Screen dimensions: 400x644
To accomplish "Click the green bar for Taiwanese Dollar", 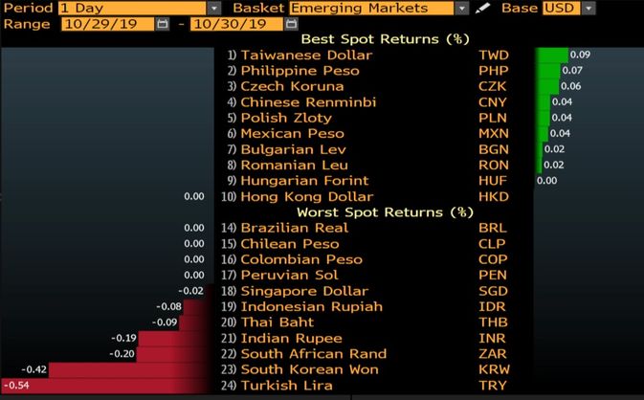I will click(552, 56).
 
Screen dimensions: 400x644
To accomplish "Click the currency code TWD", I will click(493, 56).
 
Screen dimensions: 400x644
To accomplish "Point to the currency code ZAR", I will click(493, 354).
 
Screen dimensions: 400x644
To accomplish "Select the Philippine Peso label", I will click(300, 71).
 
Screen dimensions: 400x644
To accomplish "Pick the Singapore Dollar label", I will click(303, 291).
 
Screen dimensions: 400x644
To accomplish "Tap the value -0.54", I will click(16, 385).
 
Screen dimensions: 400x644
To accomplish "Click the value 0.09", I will click(580, 56).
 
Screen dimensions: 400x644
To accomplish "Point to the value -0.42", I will click(34, 369).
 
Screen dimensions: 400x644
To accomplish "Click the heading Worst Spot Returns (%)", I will click(385, 211).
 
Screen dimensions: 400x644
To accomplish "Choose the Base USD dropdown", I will click(571, 8).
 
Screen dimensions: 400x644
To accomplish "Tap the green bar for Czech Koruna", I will click(546, 86).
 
